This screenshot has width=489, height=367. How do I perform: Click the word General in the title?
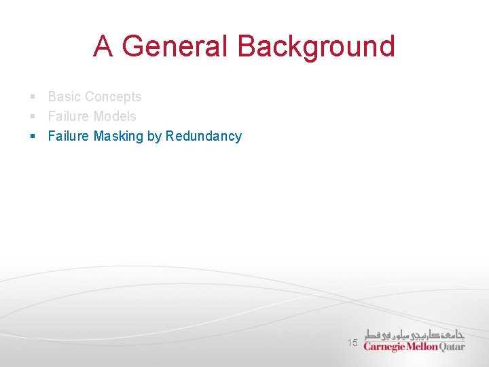pos(175,46)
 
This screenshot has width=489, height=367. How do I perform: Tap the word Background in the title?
pos(316,46)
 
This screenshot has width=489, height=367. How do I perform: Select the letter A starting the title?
pos(104,46)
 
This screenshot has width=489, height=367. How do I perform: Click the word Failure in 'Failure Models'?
pos(69,116)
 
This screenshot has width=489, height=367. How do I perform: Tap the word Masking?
pos(118,136)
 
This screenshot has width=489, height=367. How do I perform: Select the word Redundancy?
pos(204,136)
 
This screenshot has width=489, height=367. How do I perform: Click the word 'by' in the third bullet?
pos(154,137)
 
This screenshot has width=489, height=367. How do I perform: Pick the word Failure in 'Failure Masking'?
pos(69,136)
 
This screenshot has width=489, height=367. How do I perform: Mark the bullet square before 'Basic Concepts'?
pos(33,97)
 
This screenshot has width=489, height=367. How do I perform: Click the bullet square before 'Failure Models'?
pos(33,117)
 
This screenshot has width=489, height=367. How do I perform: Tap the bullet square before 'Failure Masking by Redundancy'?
pos(33,137)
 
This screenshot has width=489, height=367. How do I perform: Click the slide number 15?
pos(352,343)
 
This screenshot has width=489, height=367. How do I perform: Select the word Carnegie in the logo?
pos(384,347)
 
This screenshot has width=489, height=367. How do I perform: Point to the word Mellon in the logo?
pos(422,347)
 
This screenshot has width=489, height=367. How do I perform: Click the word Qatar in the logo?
pos(452,347)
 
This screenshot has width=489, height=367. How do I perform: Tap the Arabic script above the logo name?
pos(414,334)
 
